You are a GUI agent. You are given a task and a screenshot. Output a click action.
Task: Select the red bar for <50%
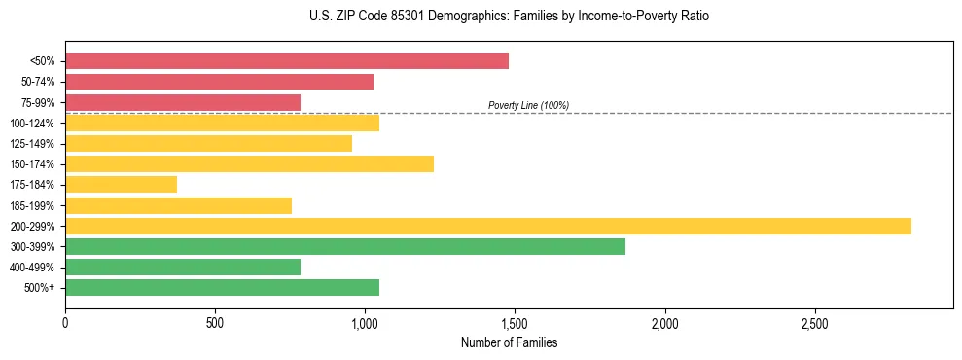coord(287,61)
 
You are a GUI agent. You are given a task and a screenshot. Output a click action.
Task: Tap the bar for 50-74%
coord(219,82)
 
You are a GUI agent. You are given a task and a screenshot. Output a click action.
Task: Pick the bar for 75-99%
coord(183,102)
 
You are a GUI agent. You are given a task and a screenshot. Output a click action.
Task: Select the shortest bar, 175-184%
coord(121,185)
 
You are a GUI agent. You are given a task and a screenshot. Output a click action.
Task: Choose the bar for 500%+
coord(222,287)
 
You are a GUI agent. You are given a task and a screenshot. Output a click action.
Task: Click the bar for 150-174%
coord(249,164)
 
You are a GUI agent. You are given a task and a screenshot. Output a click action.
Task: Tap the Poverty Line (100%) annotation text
coord(528,105)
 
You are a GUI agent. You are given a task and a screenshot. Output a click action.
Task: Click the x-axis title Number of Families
coord(510,343)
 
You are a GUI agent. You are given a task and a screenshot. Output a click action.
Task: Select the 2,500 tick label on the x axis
coord(814,322)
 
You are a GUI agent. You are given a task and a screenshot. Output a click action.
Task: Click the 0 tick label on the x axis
coord(65,322)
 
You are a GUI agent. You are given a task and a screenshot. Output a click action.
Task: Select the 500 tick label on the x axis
coord(215,322)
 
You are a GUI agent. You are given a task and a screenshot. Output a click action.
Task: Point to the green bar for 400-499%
coord(183,267)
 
